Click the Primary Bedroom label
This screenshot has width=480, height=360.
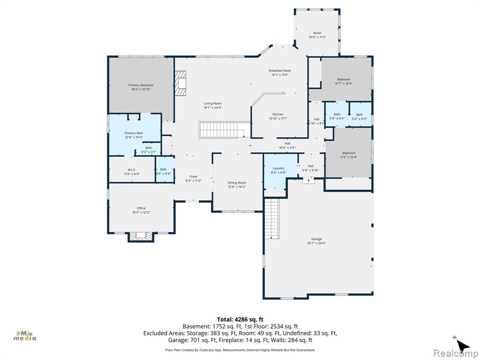(x=141, y=85)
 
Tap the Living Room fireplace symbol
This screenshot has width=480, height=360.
(x=180, y=83)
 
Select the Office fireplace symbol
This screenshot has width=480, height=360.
(x=141, y=236)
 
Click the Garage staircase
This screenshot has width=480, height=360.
(x=272, y=218)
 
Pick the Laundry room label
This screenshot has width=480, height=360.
(x=278, y=168)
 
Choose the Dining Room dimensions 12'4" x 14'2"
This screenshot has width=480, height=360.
(x=237, y=187)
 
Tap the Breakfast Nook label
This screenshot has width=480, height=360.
(x=280, y=71)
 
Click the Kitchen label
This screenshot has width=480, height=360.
(x=278, y=114)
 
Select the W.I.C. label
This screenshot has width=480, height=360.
(x=132, y=170)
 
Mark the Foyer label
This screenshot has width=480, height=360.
(x=194, y=177)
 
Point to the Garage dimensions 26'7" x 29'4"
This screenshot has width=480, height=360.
(x=316, y=243)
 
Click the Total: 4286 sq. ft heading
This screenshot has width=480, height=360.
(x=240, y=320)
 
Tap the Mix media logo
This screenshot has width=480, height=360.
(x=25, y=336)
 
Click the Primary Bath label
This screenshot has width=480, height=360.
(x=134, y=133)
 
